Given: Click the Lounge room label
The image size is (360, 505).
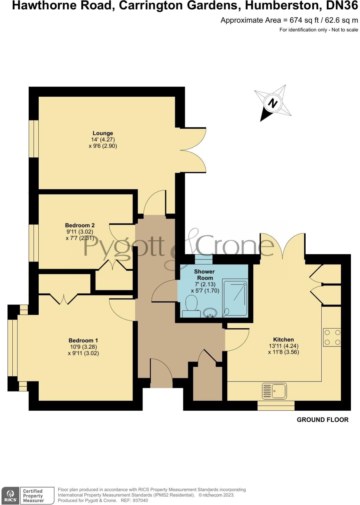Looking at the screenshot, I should point(103,133).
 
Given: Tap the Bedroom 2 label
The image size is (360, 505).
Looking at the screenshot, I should point(80,225).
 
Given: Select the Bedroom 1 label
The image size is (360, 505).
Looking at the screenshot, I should point(83,340).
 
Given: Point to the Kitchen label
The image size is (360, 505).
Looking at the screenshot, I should point(283,339).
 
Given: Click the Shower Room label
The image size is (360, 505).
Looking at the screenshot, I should point(204,275).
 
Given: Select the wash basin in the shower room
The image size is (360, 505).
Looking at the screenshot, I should point(209,313).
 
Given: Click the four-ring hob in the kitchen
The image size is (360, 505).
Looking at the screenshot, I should point(332,337).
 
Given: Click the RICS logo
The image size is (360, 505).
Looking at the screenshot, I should point(10,496).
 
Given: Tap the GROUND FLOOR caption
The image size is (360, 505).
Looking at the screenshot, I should point(323,420).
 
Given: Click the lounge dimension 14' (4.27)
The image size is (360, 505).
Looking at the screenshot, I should point(103,140).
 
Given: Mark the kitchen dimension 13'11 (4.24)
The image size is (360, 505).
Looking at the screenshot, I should point(283,346).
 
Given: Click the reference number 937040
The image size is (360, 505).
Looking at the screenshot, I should point(140,500).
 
